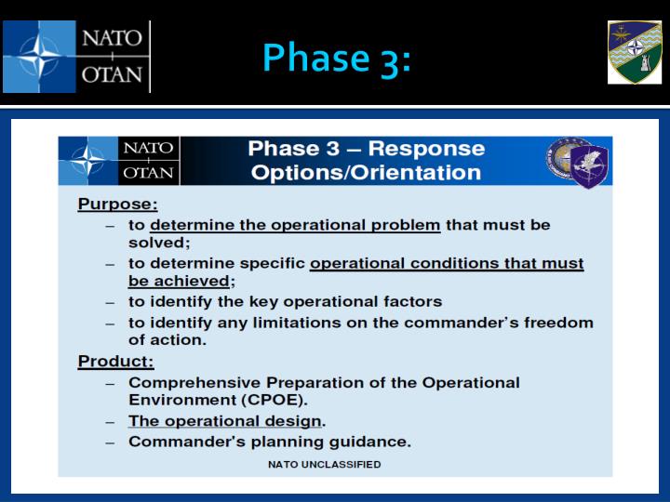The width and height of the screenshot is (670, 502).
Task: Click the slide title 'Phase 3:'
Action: [x=336, y=58]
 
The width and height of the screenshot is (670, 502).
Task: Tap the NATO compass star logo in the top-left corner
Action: [x=39, y=57]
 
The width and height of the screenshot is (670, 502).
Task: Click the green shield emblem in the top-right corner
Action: [x=635, y=52]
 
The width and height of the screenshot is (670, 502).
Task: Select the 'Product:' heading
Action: [x=115, y=361]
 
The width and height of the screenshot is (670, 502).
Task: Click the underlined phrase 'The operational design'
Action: [x=225, y=421]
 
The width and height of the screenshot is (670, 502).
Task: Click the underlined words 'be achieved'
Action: [x=179, y=282]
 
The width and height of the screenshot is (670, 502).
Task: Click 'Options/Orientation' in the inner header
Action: [x=366, y=172]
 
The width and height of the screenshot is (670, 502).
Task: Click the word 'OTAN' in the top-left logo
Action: [x=114, y=75]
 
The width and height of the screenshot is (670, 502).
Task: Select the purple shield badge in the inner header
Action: [x=589, y=164]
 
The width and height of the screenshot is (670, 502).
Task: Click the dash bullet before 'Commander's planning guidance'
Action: [x=110, y=442]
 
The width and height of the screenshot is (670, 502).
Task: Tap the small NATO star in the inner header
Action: [x=88, y=161]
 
